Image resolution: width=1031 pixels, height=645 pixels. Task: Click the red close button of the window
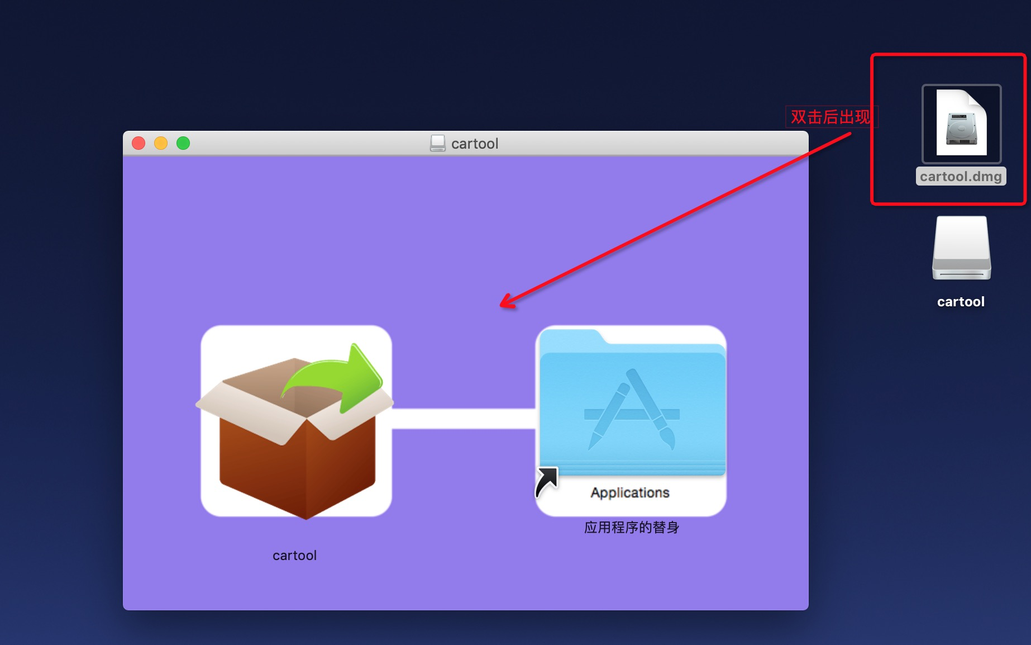tap(139, 144)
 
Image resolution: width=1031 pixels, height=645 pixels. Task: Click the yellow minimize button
tap(161, 144)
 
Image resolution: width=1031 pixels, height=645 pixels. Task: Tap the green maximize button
tap(183, 144)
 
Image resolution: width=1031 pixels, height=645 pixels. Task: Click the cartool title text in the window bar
tap(474, 144)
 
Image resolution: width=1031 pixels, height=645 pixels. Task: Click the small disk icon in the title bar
tap(438, 144)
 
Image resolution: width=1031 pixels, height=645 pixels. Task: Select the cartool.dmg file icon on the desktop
tap(961, 124)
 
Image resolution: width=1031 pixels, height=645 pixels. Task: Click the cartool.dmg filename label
tap(961, 177)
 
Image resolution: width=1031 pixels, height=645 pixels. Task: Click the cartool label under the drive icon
tap(961, 302)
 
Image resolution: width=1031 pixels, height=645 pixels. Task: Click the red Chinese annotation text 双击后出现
tap(830, 117)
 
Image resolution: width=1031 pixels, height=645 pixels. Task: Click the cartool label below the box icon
tap(294, 556)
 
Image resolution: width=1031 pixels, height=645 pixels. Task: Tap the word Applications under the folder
tap(630, 492)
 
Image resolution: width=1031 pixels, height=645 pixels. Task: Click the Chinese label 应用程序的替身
tap(632, 528)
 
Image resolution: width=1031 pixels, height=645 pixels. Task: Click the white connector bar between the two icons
tap(464, 419)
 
